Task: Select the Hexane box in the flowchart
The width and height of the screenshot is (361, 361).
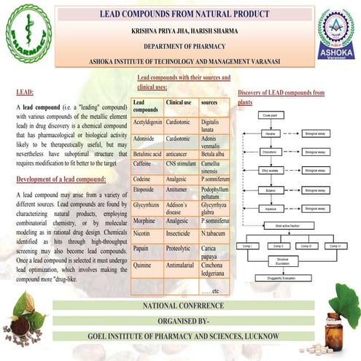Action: click(268, 134)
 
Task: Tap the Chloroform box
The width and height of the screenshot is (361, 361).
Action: click(268, 152)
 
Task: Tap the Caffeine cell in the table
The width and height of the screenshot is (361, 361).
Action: click(147, 166)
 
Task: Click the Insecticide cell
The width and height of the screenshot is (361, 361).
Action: click(180, 233)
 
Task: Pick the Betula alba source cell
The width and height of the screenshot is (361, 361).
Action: click(215, 154)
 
